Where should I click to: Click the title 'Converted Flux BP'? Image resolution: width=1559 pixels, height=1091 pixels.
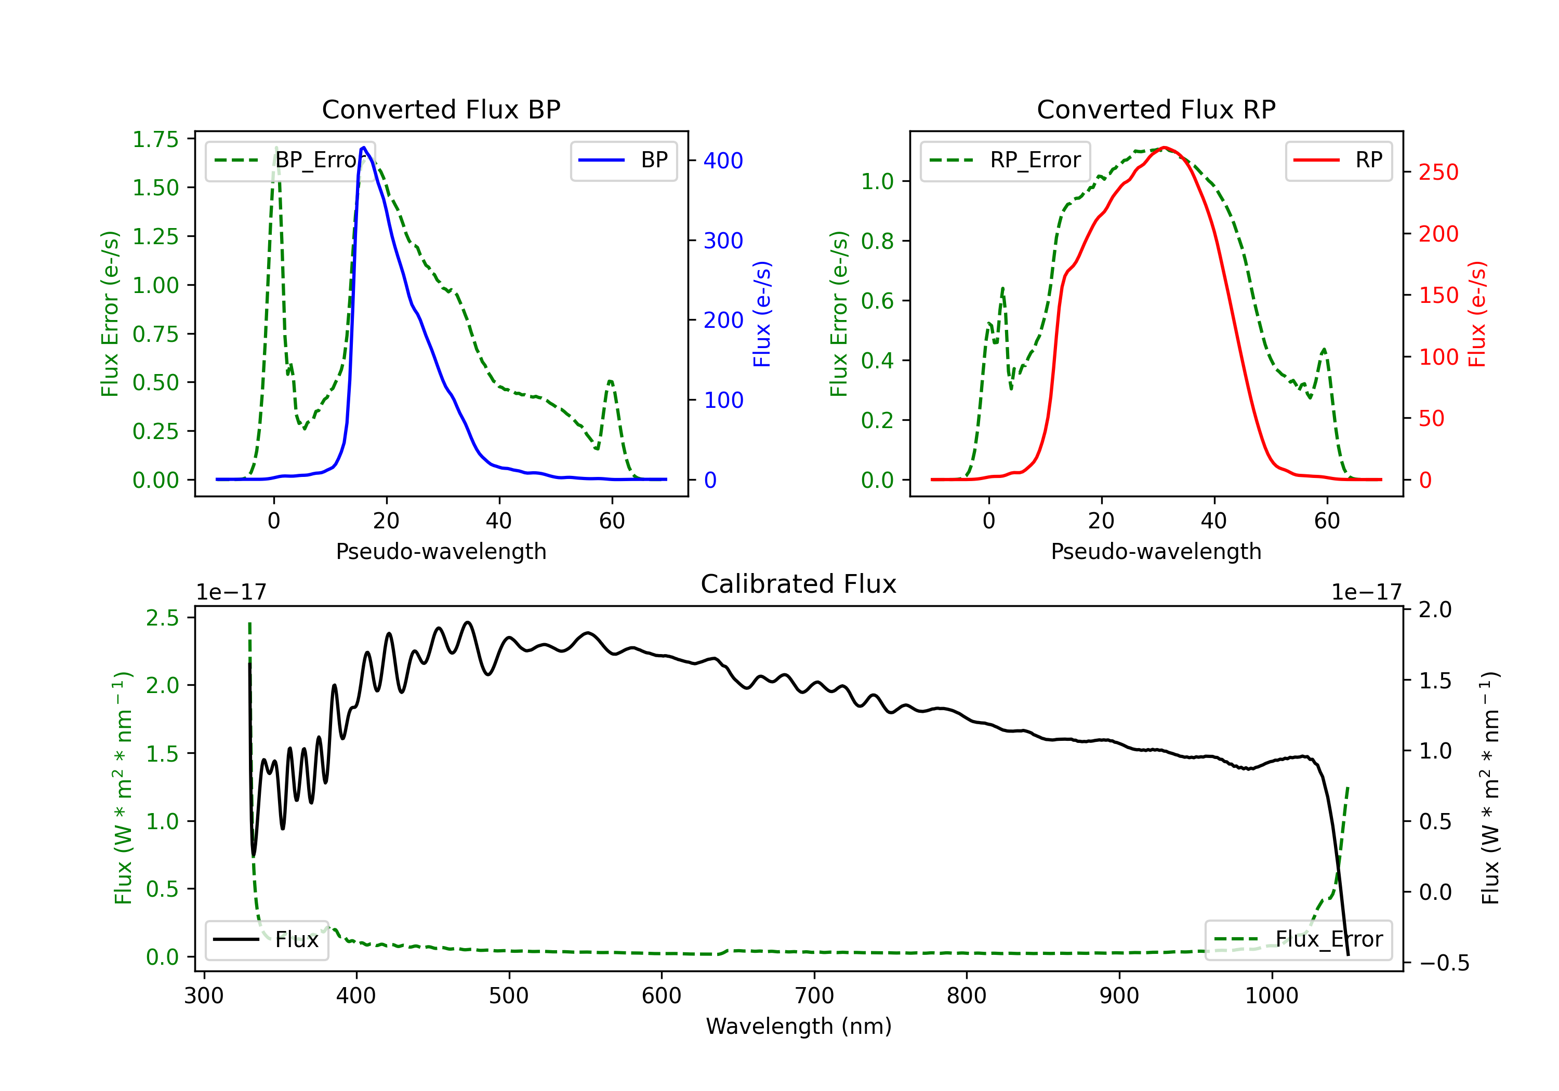pos(441,109)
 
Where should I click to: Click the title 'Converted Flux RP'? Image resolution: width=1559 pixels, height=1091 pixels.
pos(1156,109)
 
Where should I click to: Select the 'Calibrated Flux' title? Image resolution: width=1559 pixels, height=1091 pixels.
pos(799,584)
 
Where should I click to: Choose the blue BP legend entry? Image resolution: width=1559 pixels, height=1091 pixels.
pos(623,160)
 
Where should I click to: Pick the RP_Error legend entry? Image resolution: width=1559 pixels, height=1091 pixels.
pos(1005,160)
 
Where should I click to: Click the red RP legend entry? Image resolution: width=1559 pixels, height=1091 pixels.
pos(1338,160)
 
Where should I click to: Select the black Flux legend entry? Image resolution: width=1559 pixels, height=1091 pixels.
pos(266,940)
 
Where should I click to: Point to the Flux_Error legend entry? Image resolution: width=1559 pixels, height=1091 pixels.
pos(1298,940)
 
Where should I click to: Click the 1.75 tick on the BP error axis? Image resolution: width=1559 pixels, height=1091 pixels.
pos(155,139)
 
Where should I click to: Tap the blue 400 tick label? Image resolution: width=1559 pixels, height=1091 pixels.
pos(723,161)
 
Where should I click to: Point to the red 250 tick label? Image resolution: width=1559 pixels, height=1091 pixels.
pos(1438,172)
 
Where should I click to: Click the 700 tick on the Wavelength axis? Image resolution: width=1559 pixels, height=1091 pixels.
pos(814,996)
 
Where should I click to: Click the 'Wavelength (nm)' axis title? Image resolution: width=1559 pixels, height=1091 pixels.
pos(799,1027)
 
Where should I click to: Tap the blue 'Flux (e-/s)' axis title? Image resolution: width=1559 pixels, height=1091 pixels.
pos(762,314)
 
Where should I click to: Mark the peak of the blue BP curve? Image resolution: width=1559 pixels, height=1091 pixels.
pos(364,148)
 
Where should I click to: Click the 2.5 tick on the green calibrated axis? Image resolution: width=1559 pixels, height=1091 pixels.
pos(162,618)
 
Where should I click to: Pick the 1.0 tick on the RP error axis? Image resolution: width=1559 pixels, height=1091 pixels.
pos(877,181)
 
